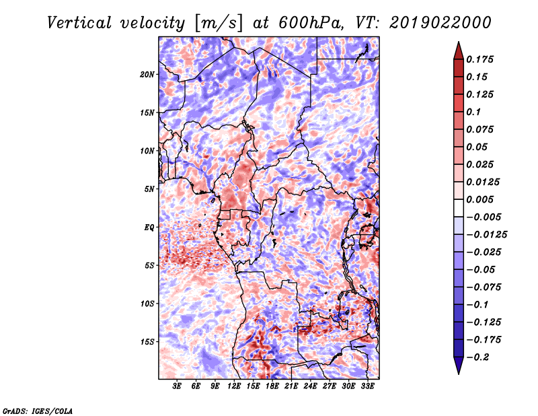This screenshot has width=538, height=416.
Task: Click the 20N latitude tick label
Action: click(147, 74)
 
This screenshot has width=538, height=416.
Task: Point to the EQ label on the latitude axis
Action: click(149, 228)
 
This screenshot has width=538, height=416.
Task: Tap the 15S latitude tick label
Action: click(147, 342)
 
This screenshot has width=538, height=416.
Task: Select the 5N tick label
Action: click(149, 189)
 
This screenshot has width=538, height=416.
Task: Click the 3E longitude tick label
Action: click(177, 386)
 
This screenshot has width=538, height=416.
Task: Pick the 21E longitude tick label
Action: click(291, 386)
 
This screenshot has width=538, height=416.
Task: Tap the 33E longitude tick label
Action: click(367, 386)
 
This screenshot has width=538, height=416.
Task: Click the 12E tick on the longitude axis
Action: click(234, 386)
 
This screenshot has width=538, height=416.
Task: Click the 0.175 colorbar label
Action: click(479, 59)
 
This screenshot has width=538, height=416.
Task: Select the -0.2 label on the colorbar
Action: click(477, 357)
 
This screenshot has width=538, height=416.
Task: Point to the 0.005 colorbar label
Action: click(479, 199)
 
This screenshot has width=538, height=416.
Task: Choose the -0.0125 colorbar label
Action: click(486, 235)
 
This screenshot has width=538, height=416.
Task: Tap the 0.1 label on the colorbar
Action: click(473, 112)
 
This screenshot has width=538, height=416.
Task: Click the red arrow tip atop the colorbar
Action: click(459, 42)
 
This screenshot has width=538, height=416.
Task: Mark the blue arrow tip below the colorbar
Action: click(459, 374)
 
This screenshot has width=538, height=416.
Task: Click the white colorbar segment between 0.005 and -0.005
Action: click(459, 208)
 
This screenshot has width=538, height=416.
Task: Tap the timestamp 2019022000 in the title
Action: click(440, 23)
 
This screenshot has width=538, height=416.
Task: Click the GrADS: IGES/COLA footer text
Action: click(38, 411)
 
